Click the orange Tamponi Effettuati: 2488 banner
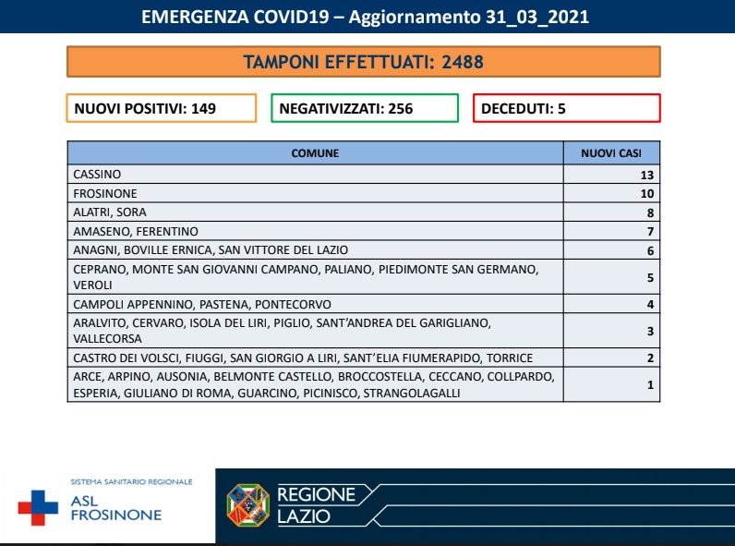(x=364, y=62)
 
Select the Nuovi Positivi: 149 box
(x=162, y=108)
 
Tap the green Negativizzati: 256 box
(x=364, y=108)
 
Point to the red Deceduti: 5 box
(x=567, y=108)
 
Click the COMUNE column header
(x=315, y=152)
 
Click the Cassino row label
(x=97, y=175)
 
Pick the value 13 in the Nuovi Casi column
(x=646, y=175)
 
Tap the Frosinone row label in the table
(x=104, y=194)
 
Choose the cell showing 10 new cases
(x=646, y=194)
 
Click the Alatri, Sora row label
(x=109, y=212)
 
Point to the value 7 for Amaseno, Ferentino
(x=650, y=231)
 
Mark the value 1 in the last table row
(x=650, y=384)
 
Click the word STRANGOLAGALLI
(x=412, y=394)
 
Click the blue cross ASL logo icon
(x=38, y=507)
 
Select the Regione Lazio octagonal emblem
(x=247, y=505)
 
